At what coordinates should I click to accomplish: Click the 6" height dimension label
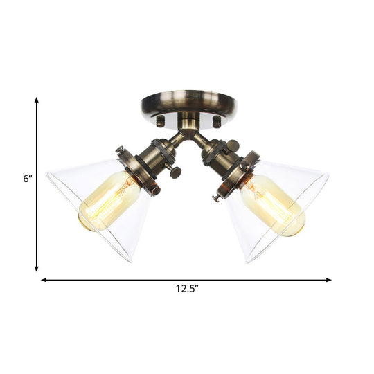[x=27, y=179]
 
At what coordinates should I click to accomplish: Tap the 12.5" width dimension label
[x=186, y=290]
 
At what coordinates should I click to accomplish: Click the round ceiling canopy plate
[x=187, y=105]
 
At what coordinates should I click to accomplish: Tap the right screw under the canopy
[x=216, y=121]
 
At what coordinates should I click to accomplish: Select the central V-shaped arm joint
[x=186, y=135]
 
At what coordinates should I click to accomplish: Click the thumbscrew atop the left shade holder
[x=119, y=150]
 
